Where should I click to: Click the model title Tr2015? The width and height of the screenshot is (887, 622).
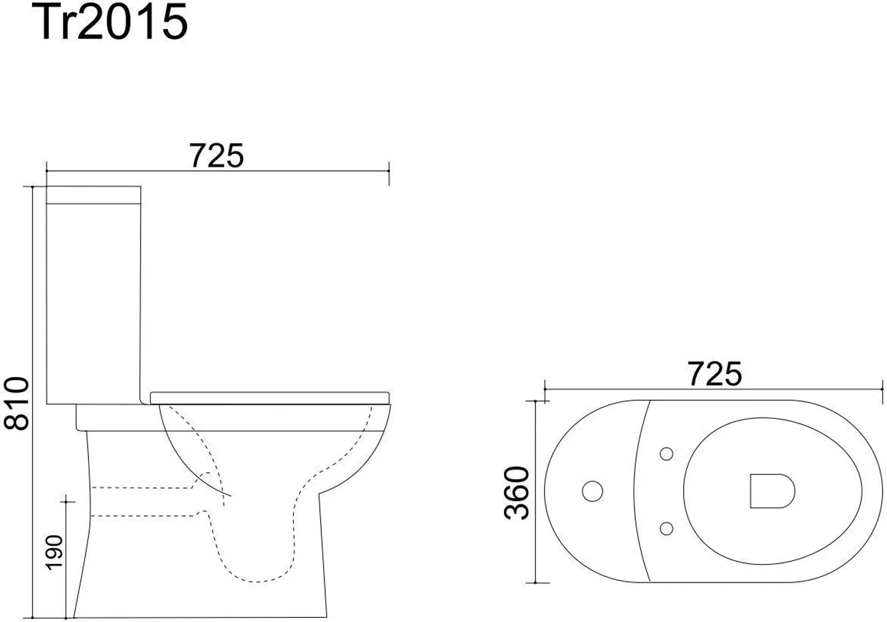tap(113, 23)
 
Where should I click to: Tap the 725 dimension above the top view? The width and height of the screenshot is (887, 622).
tap(714, 374)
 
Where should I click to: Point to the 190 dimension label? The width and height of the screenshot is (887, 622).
tap(55, 552)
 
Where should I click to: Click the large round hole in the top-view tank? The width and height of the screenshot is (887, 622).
tap(592, 491)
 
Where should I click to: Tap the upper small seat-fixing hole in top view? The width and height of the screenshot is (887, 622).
tap(666, 454)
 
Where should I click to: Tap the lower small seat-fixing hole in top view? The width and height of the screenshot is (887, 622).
tap(666, 528)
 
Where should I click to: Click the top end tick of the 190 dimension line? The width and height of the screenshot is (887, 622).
tap(66, 503)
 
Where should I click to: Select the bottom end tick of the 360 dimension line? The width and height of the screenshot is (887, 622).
tap(537, 581)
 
